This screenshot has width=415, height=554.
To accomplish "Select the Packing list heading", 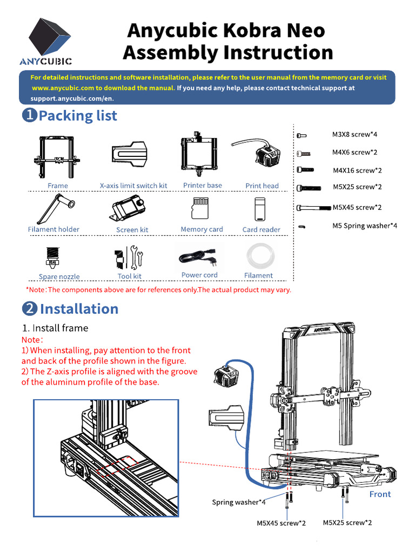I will tap(78, 115).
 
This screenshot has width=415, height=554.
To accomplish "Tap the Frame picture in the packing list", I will tap(57, 156).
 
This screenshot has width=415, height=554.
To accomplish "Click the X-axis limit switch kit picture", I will tap(130, 155).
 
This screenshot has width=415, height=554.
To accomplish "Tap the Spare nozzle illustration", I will tap(52, 258).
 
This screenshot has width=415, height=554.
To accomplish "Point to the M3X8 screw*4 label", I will tap(354, 134).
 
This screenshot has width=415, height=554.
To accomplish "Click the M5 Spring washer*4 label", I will tap(364, 226).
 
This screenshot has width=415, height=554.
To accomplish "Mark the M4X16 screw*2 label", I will tap(357, 170).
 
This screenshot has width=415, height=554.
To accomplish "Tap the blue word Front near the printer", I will tap(379, 494).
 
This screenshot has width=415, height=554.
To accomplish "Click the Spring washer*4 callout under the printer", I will tap(238, 502).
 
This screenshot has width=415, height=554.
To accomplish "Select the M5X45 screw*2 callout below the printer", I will tap(281, 523).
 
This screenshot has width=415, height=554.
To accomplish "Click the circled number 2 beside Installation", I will tap(29, 309).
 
